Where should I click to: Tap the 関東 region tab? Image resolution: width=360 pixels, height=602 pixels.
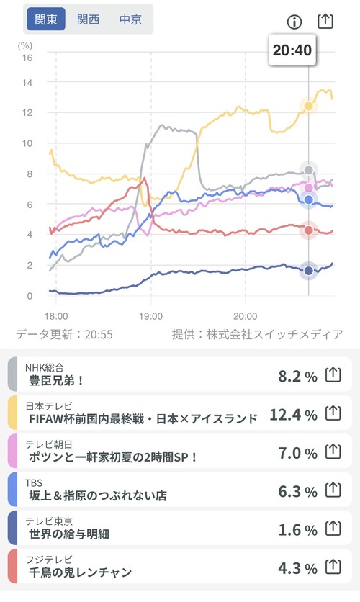click(x=45, y=19)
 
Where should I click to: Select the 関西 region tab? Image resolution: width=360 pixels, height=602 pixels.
click(x=89, y=19)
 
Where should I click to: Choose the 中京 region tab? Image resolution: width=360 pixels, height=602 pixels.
click(x=130, y=19)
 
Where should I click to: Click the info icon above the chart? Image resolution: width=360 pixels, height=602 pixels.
click(x=294, y=22)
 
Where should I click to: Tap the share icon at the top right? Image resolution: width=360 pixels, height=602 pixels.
click(x=325, y=21)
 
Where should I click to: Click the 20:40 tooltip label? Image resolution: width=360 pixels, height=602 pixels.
click(x=292, y=50)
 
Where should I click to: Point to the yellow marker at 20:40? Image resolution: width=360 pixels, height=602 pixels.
click(x=309, y=106)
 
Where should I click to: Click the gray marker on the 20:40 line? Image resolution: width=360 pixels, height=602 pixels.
click(x=309, y=170)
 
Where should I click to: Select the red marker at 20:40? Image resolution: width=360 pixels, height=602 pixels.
click(x=309, y=230)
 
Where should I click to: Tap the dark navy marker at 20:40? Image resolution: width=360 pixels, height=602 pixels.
click(x=309, y=271)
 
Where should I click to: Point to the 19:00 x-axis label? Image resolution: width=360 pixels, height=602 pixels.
click(x=150, y=316)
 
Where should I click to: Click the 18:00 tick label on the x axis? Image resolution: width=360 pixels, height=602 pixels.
click(x=56, y=316)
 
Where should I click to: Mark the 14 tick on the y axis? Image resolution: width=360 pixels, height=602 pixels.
click(x=27, y=83)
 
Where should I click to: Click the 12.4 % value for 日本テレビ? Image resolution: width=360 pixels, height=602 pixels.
click(x=294, y=415)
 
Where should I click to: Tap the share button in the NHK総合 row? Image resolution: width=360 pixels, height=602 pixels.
click(x=333, y=374)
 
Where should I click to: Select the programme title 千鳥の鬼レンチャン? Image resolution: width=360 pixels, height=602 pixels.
click(x=81, y=572)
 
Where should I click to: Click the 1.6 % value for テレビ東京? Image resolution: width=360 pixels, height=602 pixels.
click(x=298, y=530)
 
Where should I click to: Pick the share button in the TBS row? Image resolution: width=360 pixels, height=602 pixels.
click(x=333, y=490)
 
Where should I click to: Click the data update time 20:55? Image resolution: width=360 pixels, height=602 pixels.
click(x=99, y=334)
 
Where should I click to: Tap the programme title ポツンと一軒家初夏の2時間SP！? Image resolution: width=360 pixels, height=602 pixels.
click(x=113, y=457)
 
